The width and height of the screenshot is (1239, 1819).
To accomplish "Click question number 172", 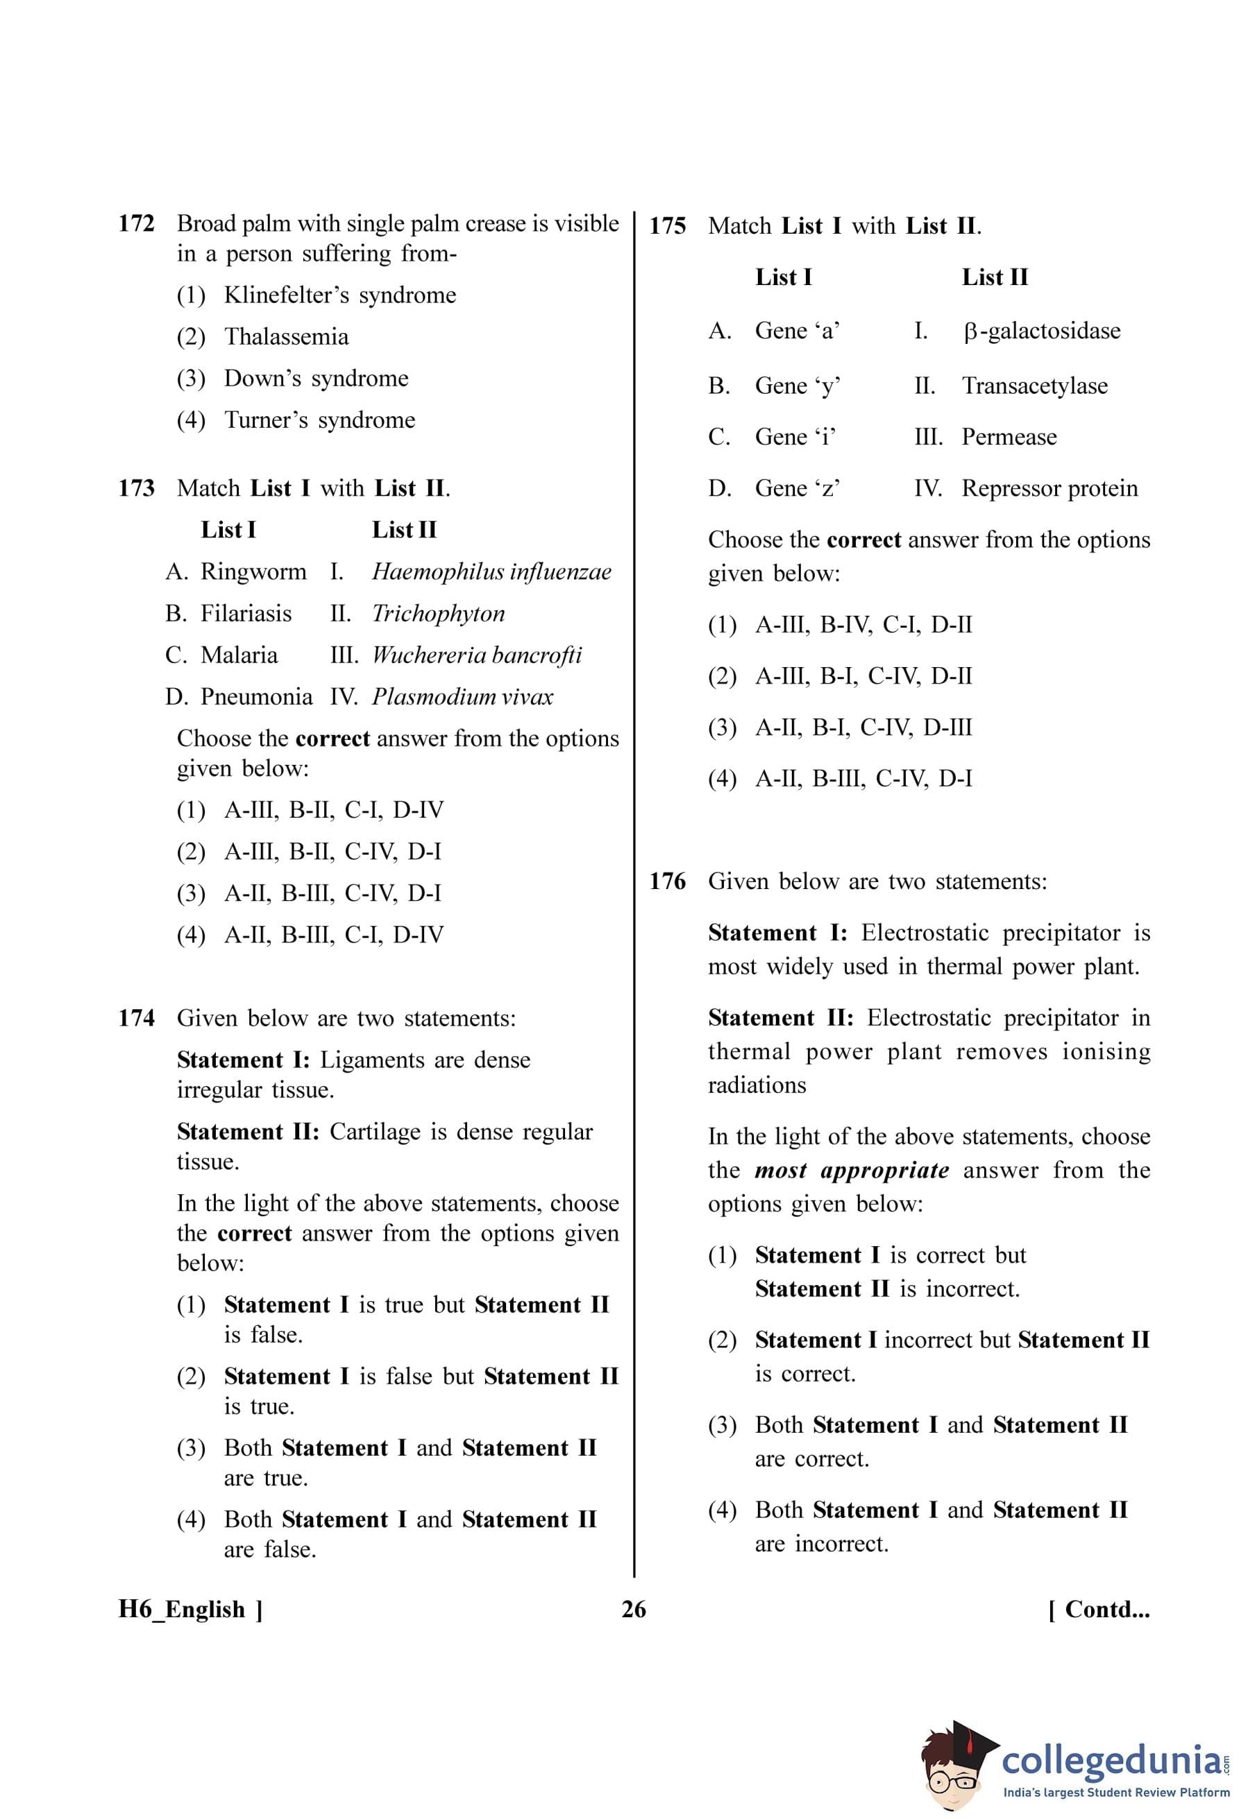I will point(136,224).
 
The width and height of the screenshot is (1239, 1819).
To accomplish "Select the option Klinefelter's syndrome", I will point(339,295).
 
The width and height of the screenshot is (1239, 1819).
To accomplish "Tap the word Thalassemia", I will point(286,336).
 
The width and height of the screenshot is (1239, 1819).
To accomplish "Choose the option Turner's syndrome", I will point(319,420).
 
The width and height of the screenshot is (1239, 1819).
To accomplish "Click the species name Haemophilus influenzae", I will point(491,572).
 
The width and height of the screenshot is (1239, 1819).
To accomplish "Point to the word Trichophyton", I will point(438,614).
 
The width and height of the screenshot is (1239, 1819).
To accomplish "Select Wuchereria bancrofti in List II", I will point(476,655).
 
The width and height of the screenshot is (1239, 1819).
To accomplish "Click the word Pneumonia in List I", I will point(256,697).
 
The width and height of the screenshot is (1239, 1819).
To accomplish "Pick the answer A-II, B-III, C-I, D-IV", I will point(334,935).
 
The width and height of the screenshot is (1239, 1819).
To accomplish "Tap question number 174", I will point(136,1018).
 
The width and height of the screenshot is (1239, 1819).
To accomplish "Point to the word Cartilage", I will point(375,1132).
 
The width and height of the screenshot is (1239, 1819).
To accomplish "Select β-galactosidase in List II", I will point(1041,331).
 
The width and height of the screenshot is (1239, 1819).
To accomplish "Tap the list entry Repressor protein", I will point(1049,488).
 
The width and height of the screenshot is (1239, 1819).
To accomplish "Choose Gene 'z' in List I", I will point(798,488).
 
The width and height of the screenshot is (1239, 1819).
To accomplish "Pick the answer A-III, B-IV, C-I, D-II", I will point(863,625).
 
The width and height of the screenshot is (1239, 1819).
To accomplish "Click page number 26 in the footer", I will point(634,1610).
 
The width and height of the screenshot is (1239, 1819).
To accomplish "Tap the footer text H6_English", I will point(182,1610).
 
